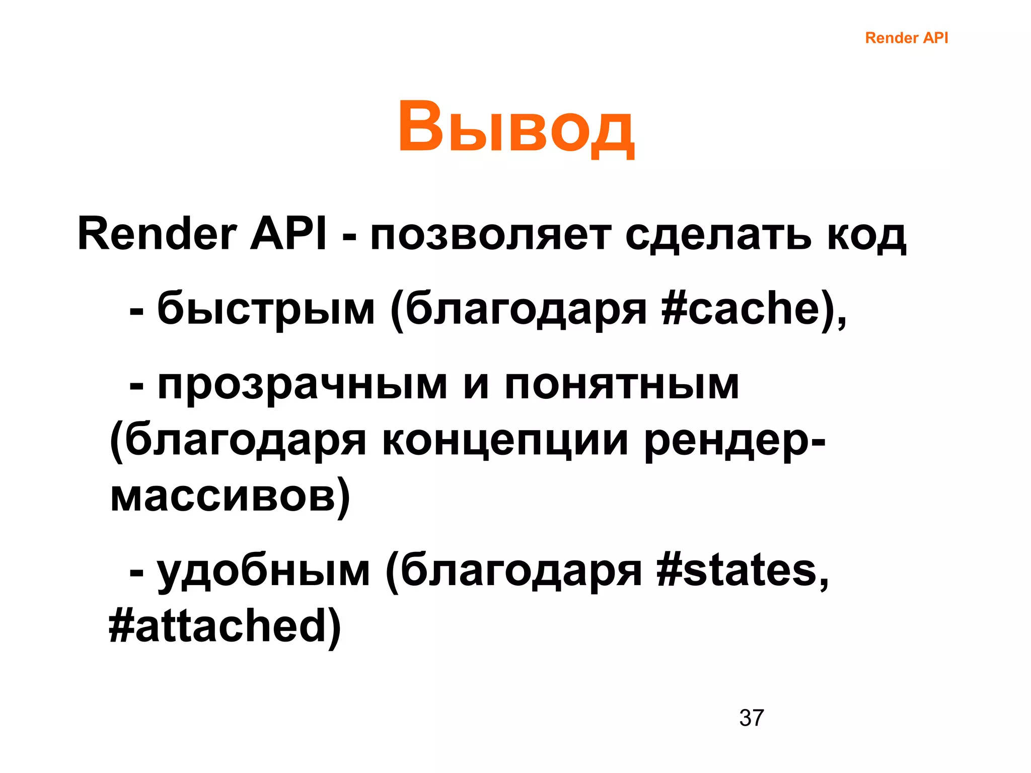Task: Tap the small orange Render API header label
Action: coord(906,38)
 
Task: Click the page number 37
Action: coord(751,718)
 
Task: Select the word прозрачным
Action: coord(302,385)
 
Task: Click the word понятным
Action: coord(622,385)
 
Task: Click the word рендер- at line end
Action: coord(735,441)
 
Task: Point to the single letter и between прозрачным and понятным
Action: coord(476,385)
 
